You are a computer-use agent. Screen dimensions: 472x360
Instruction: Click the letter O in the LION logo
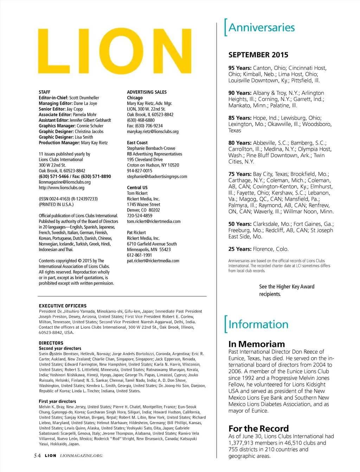(x=121, y=51)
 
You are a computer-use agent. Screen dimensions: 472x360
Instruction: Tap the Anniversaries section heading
(x=262, y=27)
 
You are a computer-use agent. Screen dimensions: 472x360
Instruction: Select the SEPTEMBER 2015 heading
(x=258, y=55)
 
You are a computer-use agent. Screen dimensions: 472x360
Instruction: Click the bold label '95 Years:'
(x=240, y=68)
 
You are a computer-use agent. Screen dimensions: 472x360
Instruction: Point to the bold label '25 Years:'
(x=240, y=249)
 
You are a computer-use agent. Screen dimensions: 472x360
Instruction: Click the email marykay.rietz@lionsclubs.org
(x=153, y=131)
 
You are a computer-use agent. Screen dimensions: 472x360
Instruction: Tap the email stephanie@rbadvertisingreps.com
(x=157, y=176)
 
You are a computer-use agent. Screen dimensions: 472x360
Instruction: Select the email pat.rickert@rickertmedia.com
(x=153, y=261)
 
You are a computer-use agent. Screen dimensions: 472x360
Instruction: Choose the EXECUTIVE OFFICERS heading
(x=63, y=306)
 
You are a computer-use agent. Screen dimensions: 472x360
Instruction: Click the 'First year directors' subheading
(x=57, y=401)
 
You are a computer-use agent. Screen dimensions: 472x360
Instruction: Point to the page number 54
(x=37, y=455)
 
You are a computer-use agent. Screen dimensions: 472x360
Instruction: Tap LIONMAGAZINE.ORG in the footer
(x=81, y=455)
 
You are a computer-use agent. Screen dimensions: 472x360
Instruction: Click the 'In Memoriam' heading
(x=257, y=344)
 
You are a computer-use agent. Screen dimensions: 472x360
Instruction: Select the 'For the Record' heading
(x=258, y=428)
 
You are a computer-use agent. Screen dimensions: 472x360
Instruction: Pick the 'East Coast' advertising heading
(x=137, y=143)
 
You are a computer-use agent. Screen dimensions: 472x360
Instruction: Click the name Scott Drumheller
(x=84, y=98)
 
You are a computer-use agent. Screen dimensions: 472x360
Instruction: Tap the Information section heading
(x=258, y=324)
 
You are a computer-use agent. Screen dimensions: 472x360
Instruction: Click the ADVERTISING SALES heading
(x=147, y=92)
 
